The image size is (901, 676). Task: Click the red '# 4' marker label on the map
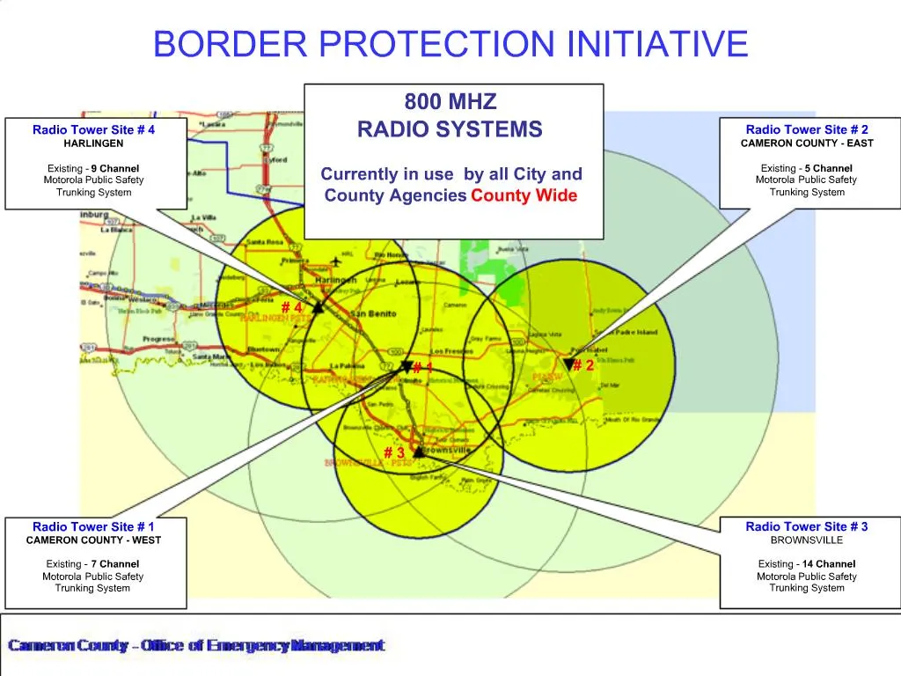click(x=292, y=308)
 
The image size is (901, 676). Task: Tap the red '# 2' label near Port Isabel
click(x=583, y=366)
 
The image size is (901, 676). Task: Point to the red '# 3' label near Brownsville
click(x=394, y=453)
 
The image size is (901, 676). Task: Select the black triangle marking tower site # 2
click(x=569, y=363)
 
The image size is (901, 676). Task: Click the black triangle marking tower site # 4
click(x=318, y=307)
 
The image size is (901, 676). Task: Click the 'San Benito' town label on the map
click(x=370, y=314)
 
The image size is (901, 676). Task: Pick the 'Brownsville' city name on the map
click(x=446, y=450)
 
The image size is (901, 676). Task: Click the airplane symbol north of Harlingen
click(x=335, y=262)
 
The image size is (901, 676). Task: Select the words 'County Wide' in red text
click(x=524, y=195)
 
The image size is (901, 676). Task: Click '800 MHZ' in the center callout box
click(x=450, y=101)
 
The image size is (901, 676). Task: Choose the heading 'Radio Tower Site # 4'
click(x=93, y=130)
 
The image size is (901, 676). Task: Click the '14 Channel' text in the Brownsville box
click(x=829, y=564)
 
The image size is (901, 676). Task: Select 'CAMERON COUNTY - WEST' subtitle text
click(x=93, y=540)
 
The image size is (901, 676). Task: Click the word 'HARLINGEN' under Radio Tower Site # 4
click(x=93, y=143)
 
